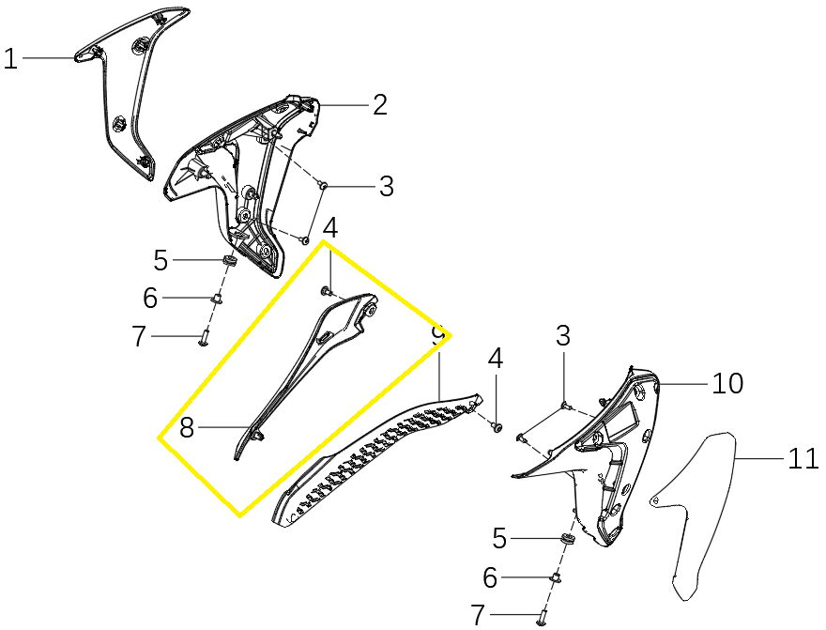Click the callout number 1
pos(10,58)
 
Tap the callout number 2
pos(380,104)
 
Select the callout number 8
pos(187,427)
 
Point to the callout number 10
pos(727,383)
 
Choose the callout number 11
pos(803,458)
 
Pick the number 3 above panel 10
pos(563,335)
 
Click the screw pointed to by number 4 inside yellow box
pos(325,290)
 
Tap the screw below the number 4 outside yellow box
pos(496,426)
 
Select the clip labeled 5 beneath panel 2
pos(228,260)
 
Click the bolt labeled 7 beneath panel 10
pos(543,614)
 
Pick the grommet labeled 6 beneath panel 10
pos(556,576)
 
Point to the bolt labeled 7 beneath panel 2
pos(204,336)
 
